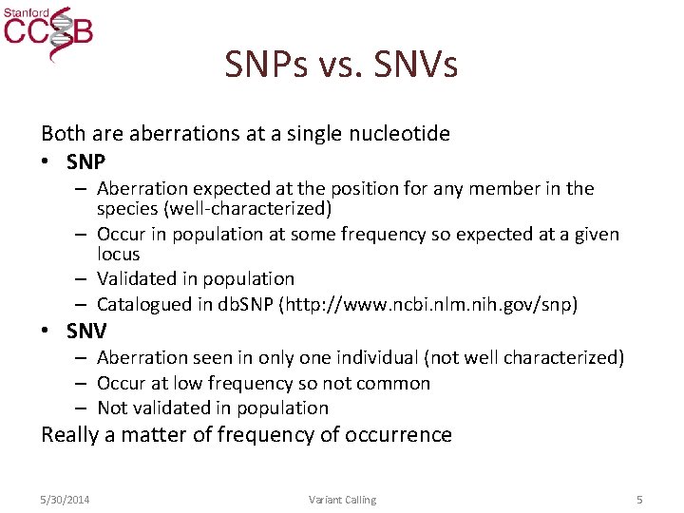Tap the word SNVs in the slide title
[x=416, y=65]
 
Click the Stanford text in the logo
[x=25, y=12]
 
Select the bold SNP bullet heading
[x=85, y=161]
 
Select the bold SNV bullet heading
[x=86, y=331]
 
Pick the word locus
[x=118, y=255]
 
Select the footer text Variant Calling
[x=342, y=500]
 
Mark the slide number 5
[x=640, y=500]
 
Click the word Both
[x=64, y=134]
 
